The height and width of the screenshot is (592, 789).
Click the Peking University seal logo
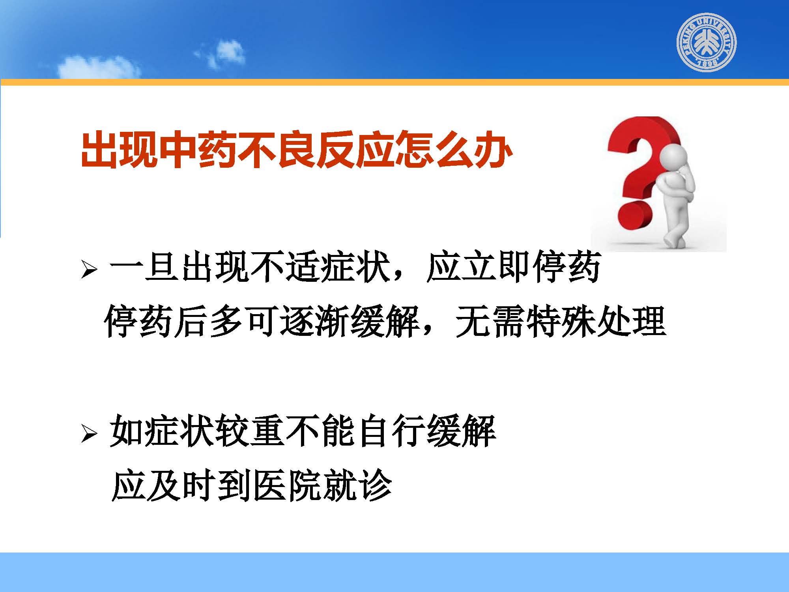(707, 42)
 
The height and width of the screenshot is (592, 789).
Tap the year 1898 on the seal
(707, 64)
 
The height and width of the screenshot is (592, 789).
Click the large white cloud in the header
(99, 67)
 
